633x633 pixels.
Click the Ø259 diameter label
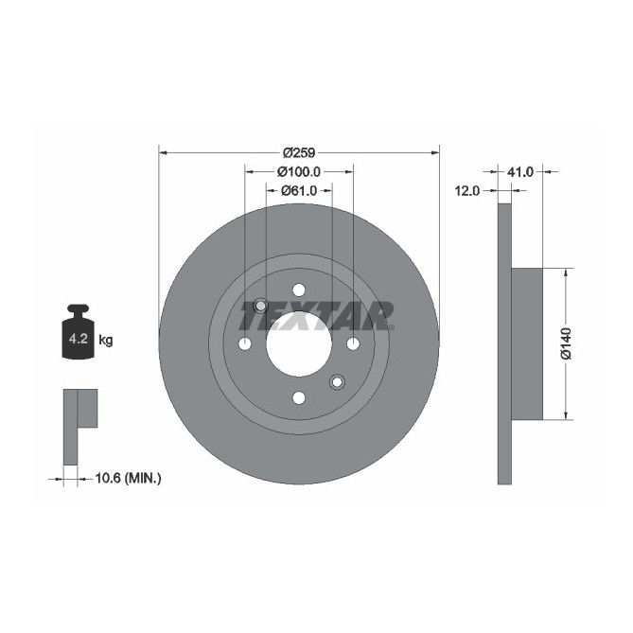(299, 152)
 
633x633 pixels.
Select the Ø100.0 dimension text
(299, 172)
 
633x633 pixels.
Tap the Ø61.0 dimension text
(298, 191)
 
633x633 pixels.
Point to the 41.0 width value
(520, 172)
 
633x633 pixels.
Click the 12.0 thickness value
(467, 190)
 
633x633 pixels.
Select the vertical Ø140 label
(566, 343)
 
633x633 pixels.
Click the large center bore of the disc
(298, 343)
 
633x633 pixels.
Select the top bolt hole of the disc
(298, 290)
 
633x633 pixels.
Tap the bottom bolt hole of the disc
(298, 397)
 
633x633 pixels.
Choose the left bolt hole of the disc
(244, 343)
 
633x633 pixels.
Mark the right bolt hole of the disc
(353, 343)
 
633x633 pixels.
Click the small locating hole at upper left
(260, 305)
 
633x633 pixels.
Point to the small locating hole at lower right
(336, 381)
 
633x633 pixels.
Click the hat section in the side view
(527, 343)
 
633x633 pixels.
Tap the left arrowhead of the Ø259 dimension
(162, 152)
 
